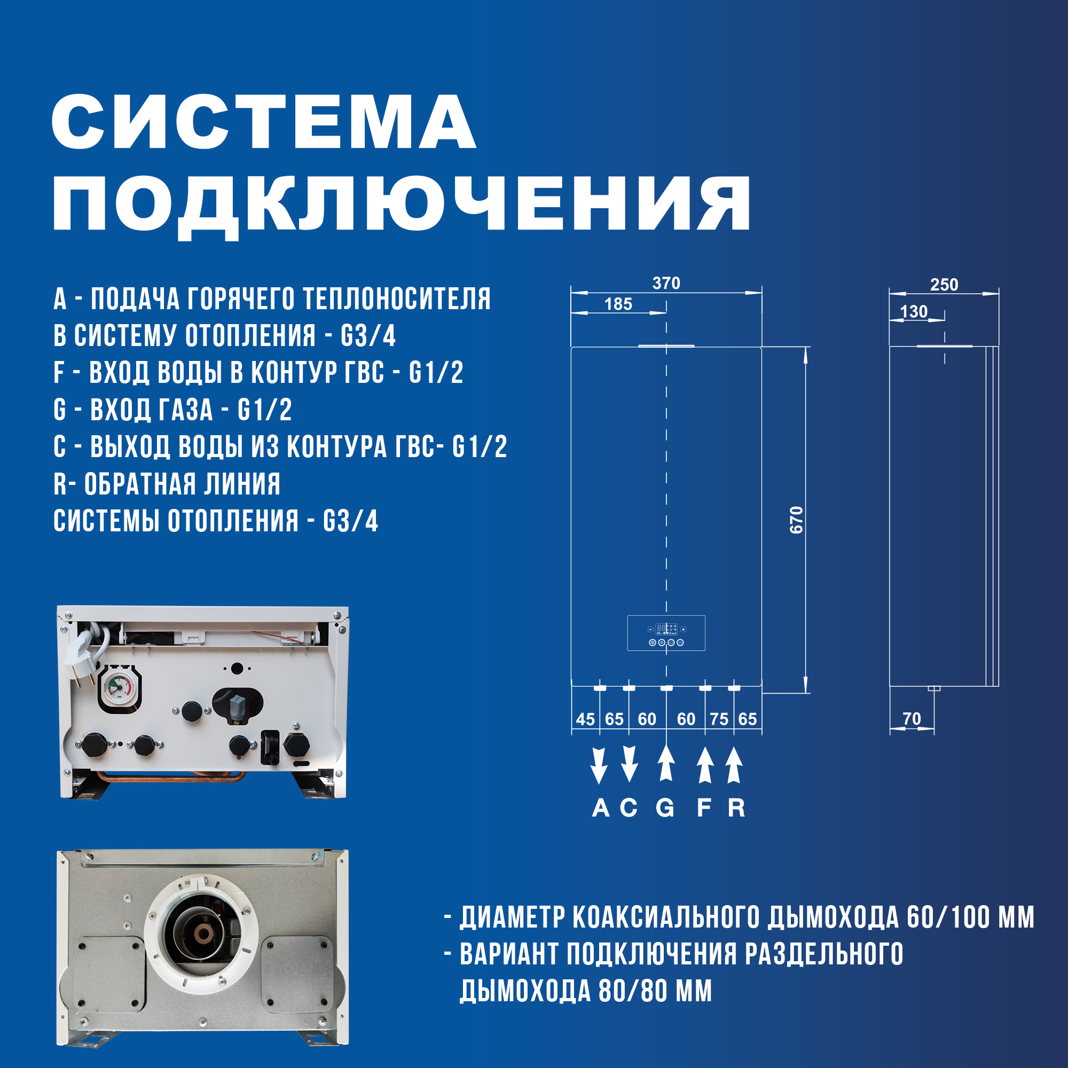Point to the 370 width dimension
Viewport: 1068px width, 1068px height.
[666, 283]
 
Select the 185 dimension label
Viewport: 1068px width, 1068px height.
[618, 304]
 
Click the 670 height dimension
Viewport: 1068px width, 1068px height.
[796, 520]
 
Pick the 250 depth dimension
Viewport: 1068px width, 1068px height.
[944, 285]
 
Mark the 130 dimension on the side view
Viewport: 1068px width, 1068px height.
[913, 312]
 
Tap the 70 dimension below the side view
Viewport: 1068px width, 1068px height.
[912, 719]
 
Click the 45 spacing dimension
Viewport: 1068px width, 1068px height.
[585, 719]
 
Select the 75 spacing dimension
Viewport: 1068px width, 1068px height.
[719, 719]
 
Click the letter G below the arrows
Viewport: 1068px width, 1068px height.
[665, 808]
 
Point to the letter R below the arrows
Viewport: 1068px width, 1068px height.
[736, 808]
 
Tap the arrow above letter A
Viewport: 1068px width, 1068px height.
[599, 766]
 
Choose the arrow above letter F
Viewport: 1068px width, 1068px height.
[704, 766]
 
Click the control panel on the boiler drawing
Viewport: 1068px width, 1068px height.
[666, 633]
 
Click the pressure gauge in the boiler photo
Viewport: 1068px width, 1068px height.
[117, 687]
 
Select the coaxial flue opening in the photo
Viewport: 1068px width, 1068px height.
[201, 934]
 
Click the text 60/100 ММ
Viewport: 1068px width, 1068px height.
[970, 917]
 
